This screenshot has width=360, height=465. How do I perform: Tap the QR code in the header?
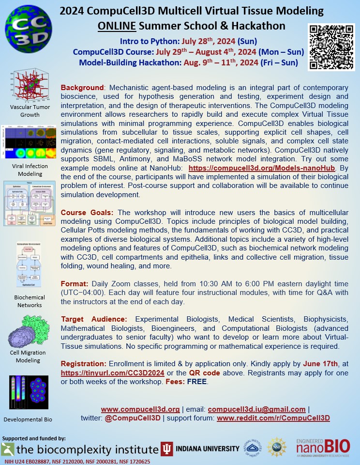(331, 46)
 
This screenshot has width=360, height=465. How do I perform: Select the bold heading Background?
(82, 88)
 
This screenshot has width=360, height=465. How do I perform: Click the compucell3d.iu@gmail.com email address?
(264, 409)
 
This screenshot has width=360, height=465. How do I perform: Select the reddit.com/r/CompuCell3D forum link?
(273, 418)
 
